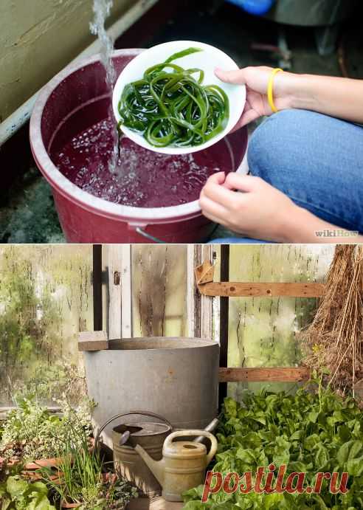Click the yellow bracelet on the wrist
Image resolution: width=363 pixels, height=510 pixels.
(272, 89)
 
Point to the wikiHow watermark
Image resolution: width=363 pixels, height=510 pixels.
(336, 233)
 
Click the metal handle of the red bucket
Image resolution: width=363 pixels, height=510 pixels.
(150, 235)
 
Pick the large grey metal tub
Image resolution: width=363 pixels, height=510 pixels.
(151, 381)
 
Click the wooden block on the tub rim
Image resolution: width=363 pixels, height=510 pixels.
(93, 340)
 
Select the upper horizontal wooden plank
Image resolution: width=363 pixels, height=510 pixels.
(262, 289)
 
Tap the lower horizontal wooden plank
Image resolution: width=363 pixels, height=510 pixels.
(264, 374)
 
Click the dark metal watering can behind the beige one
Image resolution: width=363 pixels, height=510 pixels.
(140, 446)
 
